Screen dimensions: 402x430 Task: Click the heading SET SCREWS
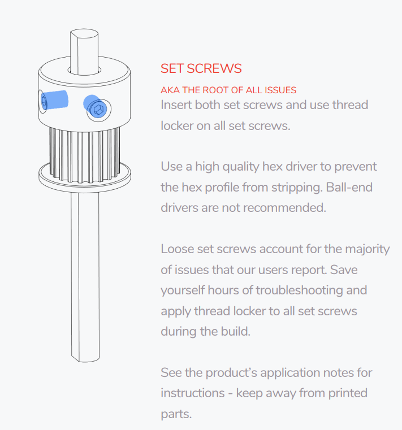click(x=201, y=68)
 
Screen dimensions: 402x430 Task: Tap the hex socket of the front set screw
click(x=98, y=110)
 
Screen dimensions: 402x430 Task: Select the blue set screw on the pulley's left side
click(x=54, y=100)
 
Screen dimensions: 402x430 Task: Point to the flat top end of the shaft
click(x=84, y=34)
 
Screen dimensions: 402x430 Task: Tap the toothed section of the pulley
click(x=84, y=155)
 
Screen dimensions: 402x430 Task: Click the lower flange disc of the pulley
click(x=84, y=178)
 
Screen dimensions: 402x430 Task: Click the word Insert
click(x=176, y=105)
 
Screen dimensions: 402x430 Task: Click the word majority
click(x=367, y=250)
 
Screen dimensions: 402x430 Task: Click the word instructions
click(x=193, y=393)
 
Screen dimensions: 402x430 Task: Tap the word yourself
click(x=183, y=290)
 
